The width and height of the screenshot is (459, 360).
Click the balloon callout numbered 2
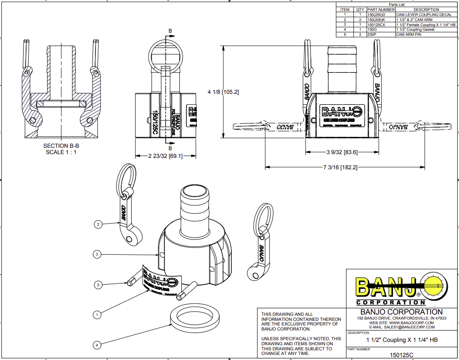[98, 224]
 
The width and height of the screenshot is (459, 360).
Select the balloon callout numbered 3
[97, 254]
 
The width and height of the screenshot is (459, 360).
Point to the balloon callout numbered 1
[97, 315]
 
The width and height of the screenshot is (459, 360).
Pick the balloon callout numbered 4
[97, 345]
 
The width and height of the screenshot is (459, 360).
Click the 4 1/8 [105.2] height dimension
[223, 92]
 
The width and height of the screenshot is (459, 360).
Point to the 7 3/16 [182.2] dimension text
[340, 168]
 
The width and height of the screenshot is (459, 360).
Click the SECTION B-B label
[61, 146]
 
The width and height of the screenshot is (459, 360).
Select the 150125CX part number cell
[376, 25]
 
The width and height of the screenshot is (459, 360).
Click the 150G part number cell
[372, 30]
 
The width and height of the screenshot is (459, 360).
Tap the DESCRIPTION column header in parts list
[426, 10]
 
